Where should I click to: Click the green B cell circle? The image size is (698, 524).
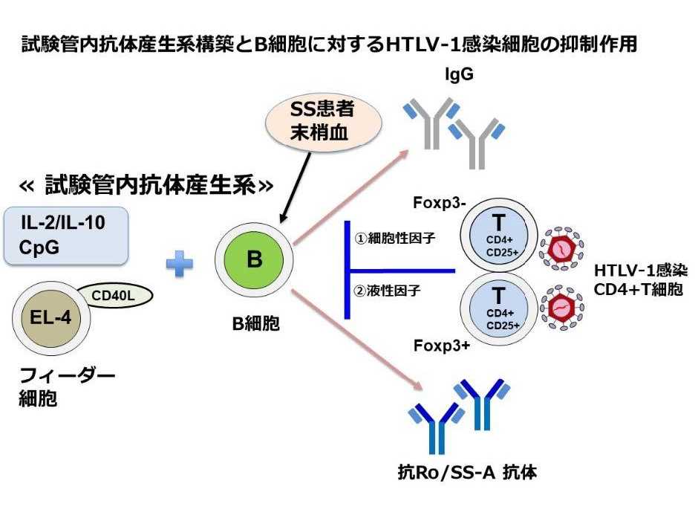[x=254, y=260]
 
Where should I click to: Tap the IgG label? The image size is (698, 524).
[x=459, y=74]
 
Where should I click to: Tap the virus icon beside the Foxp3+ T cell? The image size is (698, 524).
[x=567, y=305]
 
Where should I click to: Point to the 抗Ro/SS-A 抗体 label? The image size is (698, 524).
[x=465, y=470]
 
